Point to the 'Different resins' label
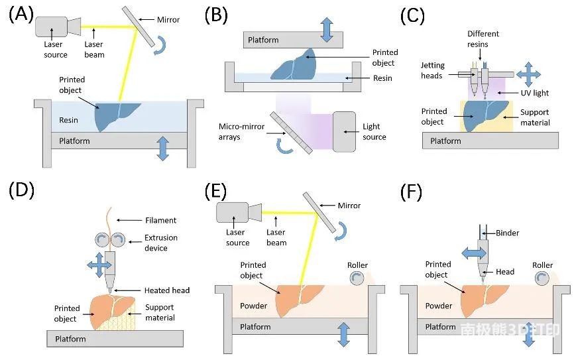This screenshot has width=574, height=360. [483, 38]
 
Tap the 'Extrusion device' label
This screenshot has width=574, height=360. [161, 243]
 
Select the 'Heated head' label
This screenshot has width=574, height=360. [167, 290]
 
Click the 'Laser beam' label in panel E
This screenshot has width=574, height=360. [276, 238]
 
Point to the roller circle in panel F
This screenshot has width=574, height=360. [542, 282]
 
